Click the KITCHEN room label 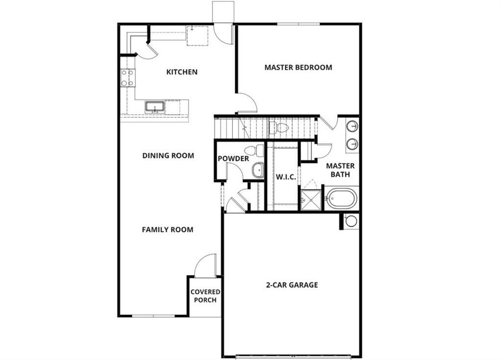click(x=182, y=72)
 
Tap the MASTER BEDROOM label click(x=298, y=67)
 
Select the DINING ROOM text click(x=168, y=155)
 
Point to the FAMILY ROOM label click(x=168, y=230)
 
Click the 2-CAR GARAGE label click(x=292, y=284)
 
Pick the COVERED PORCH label click(x=205, y=296)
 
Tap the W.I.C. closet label click(x=285, y=177)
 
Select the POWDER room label click(x=233, y=159)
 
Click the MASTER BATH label click(x=340, y=170)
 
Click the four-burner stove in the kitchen click(x=127, y=77)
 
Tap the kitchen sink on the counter click(x=155, y=106)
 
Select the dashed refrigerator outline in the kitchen click(x=198, y=35)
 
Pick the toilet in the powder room click(x=254, y=151)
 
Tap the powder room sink click(x=258, y=170)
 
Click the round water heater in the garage click(x=351, y=221)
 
